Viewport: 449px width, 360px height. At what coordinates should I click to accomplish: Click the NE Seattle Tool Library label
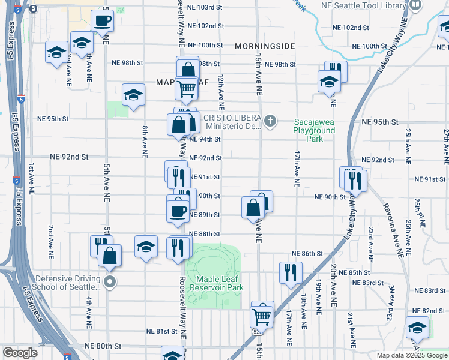pyautogui.click(x=372, y=5)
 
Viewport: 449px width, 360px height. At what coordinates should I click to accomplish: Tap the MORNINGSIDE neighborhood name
pyautogui.click(x=265, y=46)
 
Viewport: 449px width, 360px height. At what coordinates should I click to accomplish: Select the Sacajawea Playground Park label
pyautogui.click(x=314, y=130)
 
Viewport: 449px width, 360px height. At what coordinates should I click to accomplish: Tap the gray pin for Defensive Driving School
pyautogui.click(x=109, y=281)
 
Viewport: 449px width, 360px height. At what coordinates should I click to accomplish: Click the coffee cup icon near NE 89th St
pyautogui.click(x=178, y=211)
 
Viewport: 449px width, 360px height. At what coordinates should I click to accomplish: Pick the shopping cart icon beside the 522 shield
pyautogui.click(x=262, y=314)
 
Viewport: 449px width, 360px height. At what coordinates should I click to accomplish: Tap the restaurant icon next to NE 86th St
pyautogui.click(x=289, y=272)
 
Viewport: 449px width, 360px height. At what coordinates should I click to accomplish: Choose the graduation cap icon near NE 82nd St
pyautogui.click(x=417, y=328)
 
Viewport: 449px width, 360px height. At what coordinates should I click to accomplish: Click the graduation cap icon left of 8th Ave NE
pyautogui.click(x=133, y=95)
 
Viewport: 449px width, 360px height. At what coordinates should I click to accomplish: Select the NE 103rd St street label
pyautogui.click(x=205, y=7)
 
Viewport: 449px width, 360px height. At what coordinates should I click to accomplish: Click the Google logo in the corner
pyautogui.click(x=20, y=353)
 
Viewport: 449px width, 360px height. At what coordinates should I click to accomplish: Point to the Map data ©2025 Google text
pyautogui.click(x=411, y=355)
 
